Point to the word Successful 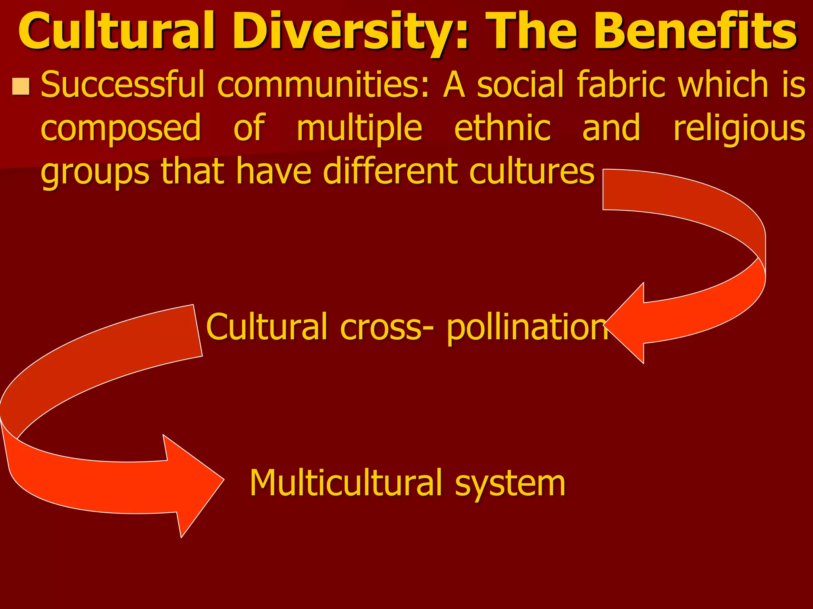123,84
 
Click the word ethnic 503,128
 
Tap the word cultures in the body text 532,171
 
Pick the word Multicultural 345,483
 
